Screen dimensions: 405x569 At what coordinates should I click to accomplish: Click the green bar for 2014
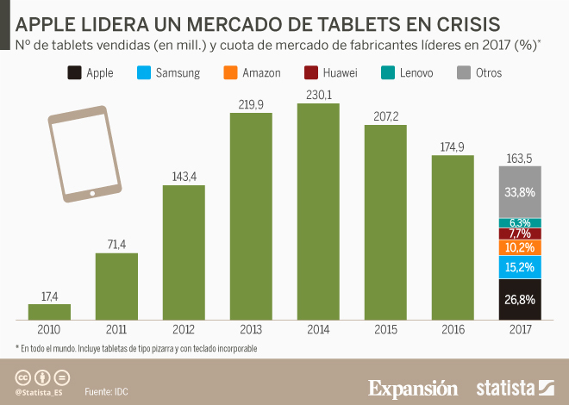tap(318, 212)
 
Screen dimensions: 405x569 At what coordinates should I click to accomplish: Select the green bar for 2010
tap(49, 312)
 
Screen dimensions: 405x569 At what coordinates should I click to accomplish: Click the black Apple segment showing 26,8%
tap(520, 300)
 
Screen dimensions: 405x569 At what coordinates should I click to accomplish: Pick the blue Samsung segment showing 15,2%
tap(520, 267)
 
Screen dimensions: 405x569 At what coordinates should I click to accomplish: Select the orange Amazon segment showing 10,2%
tap(520, 247)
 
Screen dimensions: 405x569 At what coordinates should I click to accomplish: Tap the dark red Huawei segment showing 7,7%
tap(520, 234)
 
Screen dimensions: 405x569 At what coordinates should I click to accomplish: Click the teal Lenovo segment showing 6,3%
tap(520, 222)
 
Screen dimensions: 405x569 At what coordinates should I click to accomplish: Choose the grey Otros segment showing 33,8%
tap(520, 191)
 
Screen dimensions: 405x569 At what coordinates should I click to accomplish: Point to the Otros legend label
tap(488, 73)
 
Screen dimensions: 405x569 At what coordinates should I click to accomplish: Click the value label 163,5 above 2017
tap(520, 158)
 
